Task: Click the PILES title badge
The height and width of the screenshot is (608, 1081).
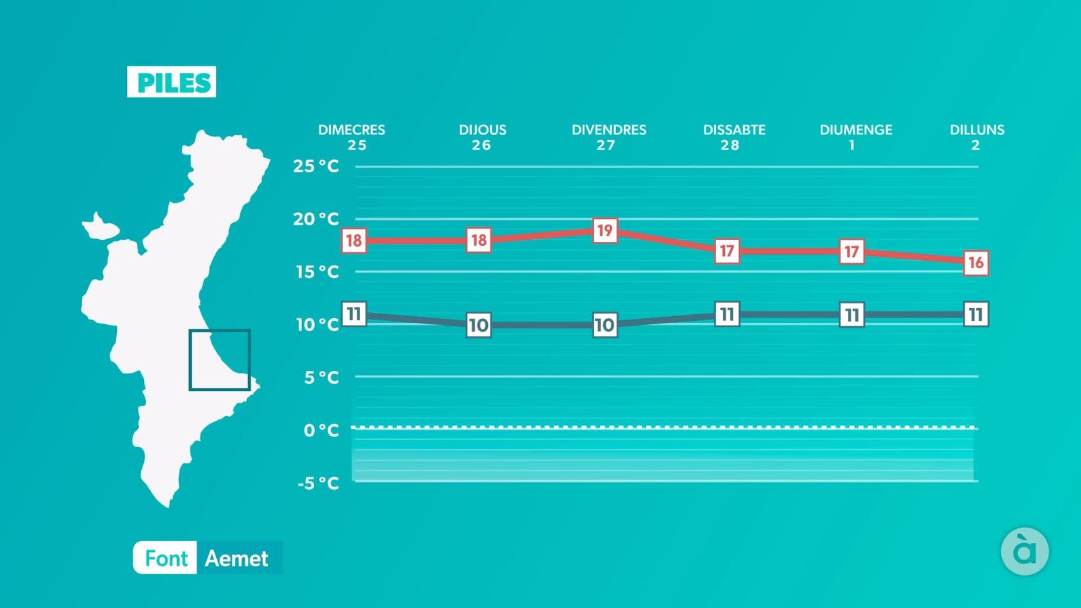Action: [172, 82]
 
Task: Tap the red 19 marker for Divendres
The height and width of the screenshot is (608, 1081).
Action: [605, 230]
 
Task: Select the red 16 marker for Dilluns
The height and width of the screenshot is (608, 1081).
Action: [976, 263]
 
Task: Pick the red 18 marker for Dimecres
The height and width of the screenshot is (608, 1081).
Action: [354, 240]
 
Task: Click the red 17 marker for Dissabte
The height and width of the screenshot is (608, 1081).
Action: [727, 251]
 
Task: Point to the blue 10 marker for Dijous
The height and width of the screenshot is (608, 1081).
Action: [479, 325]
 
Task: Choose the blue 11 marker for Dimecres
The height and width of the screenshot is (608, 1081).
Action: [354, 313]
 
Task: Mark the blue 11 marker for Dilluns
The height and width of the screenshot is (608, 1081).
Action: [976, 314]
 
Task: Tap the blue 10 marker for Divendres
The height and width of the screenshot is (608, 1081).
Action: [605, 325]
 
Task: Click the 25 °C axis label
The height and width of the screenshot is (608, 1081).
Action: [316, 166]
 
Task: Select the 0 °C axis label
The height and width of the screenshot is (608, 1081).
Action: [322, 430]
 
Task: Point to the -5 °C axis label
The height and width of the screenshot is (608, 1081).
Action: [318, 482]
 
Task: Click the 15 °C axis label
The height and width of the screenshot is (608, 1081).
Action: [318, 272]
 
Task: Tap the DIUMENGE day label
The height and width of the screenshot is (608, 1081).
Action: [855, 130]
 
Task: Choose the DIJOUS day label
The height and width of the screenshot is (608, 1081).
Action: [482, 130]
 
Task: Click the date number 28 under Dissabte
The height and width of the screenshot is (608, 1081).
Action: [730, 145]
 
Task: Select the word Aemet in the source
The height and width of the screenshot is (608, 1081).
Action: [236, 558]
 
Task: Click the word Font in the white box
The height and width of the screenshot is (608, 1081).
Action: [166, 558]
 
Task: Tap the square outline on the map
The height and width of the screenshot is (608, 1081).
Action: [220, 330]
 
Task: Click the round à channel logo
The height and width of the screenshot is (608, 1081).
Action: [1024, 551]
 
